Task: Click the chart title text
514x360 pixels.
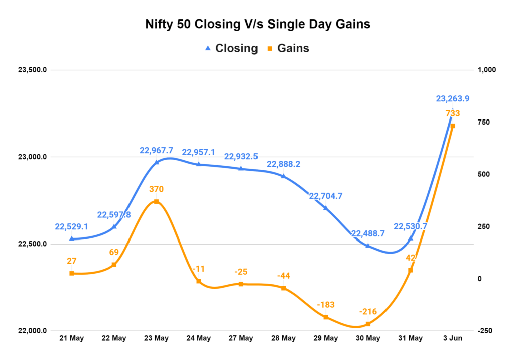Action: pyautogui.click(x=257, y=24)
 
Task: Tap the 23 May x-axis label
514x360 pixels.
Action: pyautogui.click(x=156, y=338)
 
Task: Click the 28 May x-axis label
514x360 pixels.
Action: pyautogui.click(x=283, y=338)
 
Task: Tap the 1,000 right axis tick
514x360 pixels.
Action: pyautogui.click(x=486, y=70)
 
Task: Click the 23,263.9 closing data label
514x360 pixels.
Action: pyautogui.click(x=452, y=99)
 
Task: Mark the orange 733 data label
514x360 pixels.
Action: pyautogui.click(x=453, y=114)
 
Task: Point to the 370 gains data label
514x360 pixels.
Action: pyautogui.click(x=156, y=189)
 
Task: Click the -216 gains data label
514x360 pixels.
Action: pyautogui.click(x=368, y=312)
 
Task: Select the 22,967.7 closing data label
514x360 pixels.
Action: pyautogui.click(x=156, y=150)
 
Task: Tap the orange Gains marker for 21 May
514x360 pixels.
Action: pyautogui.click(x=72, y=273)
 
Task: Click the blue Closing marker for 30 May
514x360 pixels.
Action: pyautogui.click(x=368, y=246)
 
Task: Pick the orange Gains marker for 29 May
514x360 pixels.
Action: pyautogui.click(x=326, y=317)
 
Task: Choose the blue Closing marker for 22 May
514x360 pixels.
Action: pyautogui.click(x=114, y=226)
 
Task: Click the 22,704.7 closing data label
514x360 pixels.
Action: pyautogui.click(x=326, y=196)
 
